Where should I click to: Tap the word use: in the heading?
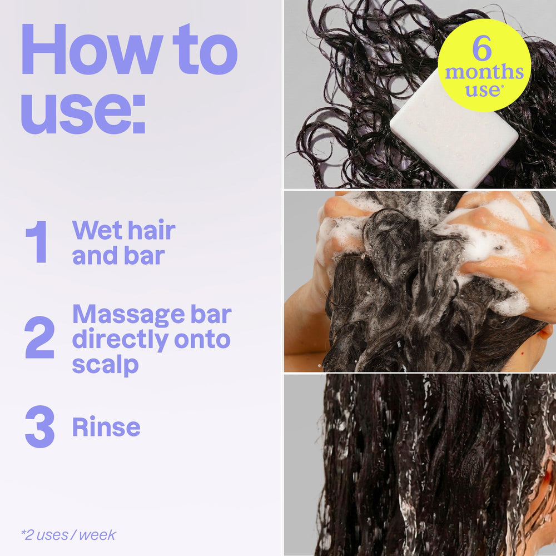(x=83, y=113)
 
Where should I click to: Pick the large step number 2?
(x=39, y=337)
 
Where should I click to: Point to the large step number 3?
(x=39, y=426)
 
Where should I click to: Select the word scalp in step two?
(x=105, y=365)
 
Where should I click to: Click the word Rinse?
(x=106, y=427)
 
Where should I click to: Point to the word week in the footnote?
(x=97, y=535)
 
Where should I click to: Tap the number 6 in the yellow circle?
(x=482, y=48)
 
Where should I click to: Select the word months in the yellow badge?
(x=484, y=72)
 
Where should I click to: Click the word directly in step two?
(x=120, y=340)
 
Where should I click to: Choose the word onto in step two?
(x=202, y=339)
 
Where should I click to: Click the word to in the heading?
(x=205, y=49)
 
